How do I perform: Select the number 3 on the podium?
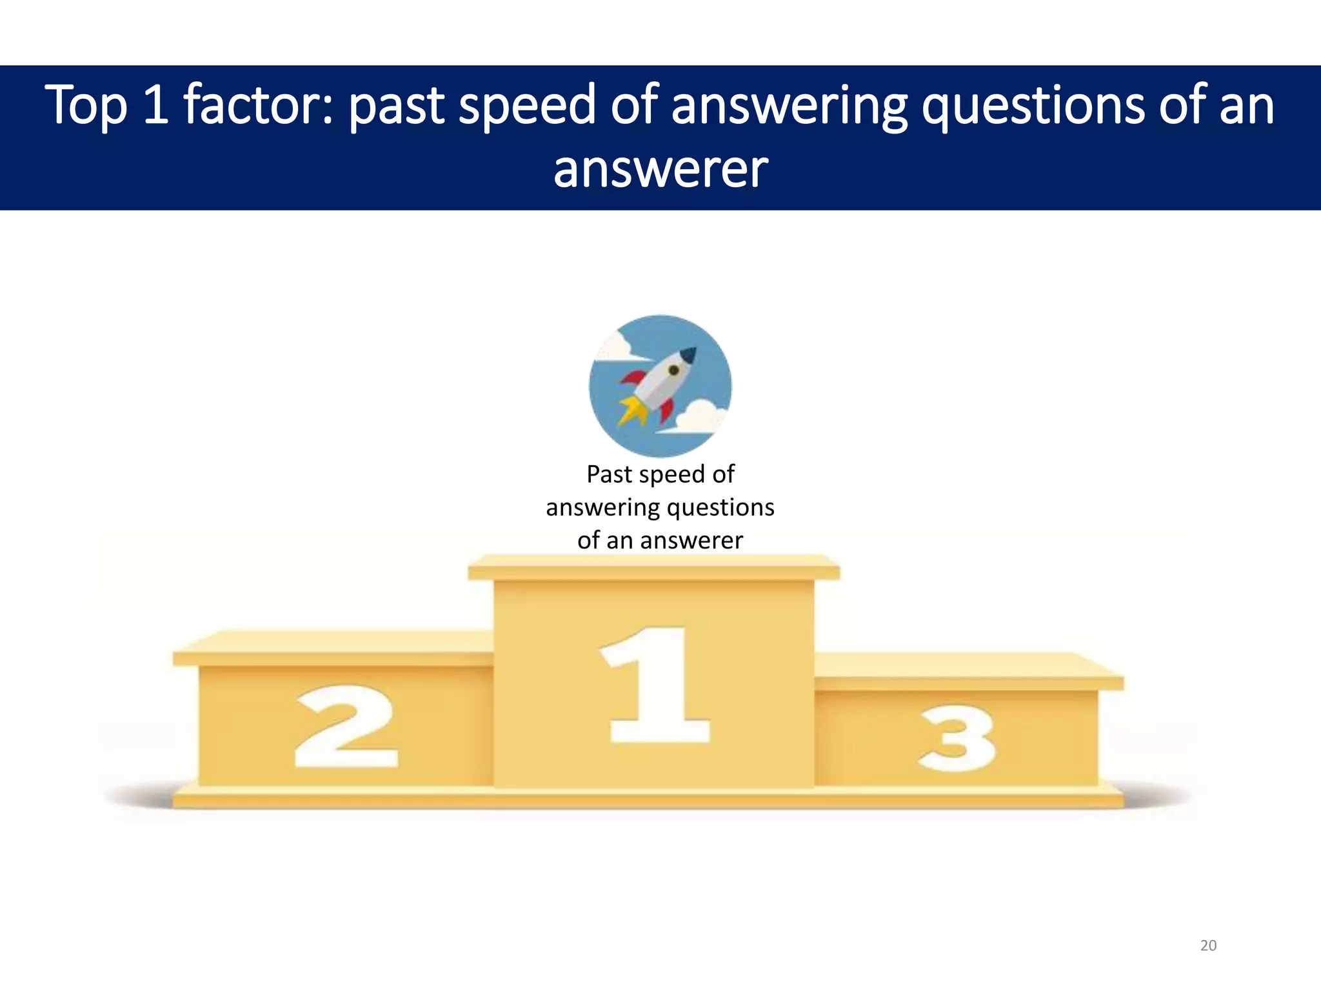(957, 739)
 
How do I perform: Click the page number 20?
(1208, 945)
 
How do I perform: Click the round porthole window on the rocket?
(673, 370)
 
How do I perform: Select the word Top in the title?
(86, 105)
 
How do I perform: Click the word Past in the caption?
(609, 474)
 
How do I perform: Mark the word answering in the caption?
(603, 508)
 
